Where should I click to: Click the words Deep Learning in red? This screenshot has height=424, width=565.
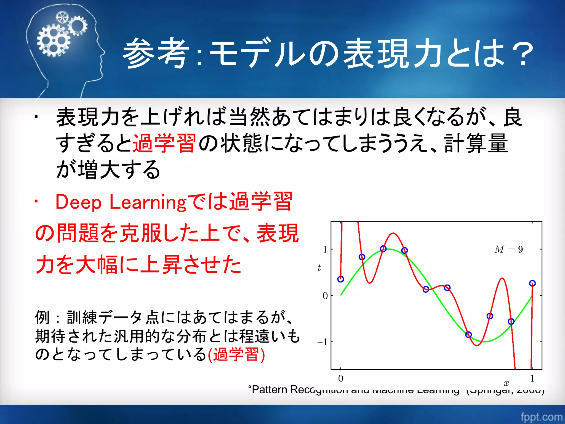(x=121, y=202)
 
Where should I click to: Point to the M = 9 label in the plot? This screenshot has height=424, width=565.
(x=508, y=250)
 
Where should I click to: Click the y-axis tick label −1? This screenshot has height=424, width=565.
(x=322, y=342)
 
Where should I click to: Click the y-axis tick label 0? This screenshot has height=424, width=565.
(x=325, y=296)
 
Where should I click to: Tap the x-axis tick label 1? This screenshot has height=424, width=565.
(x=532, y=378)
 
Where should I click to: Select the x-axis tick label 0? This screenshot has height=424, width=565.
(x=340, y=378)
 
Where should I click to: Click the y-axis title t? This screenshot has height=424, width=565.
(x=319, y=268)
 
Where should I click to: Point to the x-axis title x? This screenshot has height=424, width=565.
(x=506, y=383)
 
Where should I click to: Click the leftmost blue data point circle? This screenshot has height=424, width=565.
(x=341, y=279)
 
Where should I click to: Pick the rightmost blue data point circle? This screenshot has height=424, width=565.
(x=532, y=283)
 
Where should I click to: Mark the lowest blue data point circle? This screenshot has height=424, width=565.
(x=468, y=335)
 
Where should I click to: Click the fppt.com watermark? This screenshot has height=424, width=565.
(x=541, y=417)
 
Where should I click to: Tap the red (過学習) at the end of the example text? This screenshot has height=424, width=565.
(x=236, y=354)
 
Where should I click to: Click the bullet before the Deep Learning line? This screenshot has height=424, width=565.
(x=36, y=202)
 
